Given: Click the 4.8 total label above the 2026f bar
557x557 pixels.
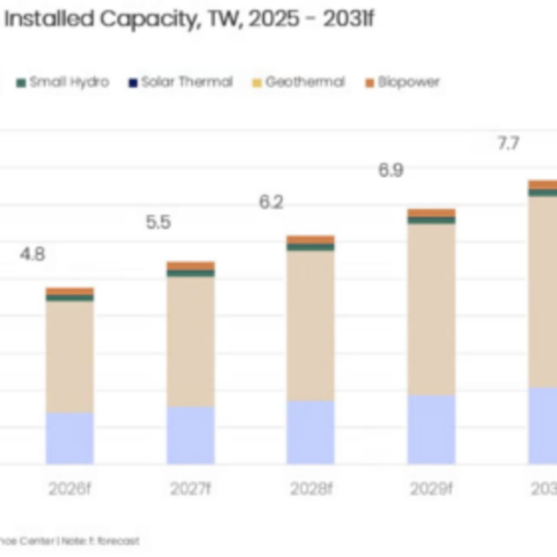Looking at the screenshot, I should (x=32, y=254).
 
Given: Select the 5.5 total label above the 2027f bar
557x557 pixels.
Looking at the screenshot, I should (x=158, y=222).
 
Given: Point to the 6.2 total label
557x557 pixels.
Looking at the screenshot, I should (x=271, y=202).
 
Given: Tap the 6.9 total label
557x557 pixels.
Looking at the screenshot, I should (x=391, y=170).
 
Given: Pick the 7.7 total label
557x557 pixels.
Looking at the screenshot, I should (x=508, y=144).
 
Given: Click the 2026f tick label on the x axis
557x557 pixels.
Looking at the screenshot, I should (x=70, y=489).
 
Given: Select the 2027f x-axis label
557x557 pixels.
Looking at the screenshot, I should (x=190, y=489).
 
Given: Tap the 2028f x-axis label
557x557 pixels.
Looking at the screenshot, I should (x=311, y=489).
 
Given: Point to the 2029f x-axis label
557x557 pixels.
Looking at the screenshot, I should (x=431, y=489).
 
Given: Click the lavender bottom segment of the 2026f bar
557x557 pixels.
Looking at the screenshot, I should (x=70, y=438).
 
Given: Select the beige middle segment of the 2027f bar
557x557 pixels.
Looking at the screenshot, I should (x=191, y=342).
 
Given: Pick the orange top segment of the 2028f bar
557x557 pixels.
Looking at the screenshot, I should (x=311, y=240).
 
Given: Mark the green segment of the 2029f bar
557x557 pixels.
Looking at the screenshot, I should (x=431, y=220).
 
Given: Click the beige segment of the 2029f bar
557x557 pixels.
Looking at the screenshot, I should (x=431, y=310).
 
